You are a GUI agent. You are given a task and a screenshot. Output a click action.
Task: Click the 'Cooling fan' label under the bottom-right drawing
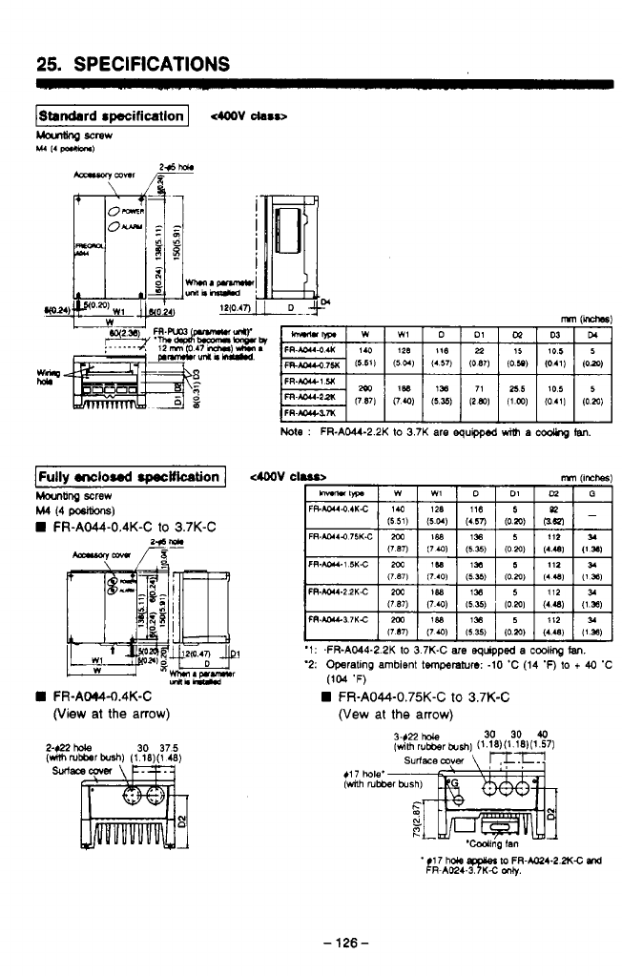click(487, 844)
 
